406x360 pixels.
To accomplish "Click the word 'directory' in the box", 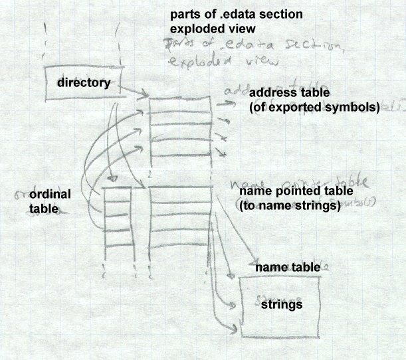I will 84,83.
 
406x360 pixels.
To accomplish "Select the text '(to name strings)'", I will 289,206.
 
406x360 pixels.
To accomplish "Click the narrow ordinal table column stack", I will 118,223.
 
